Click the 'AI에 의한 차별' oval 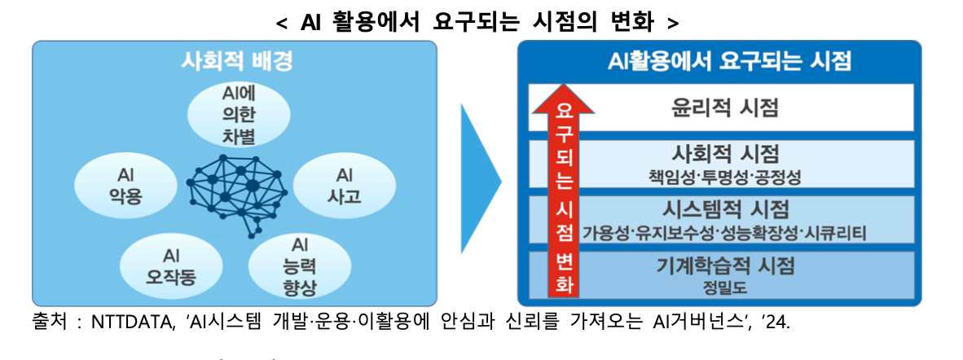click(240, 116)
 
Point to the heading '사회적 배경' click(235, 61)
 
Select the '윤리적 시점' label click(724, 107)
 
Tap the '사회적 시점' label click(724, 153)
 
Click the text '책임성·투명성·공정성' click(724, 175)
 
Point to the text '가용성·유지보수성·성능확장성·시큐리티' click(724, 233)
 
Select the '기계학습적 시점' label click(724, 265)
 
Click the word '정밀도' click(724, 287)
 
